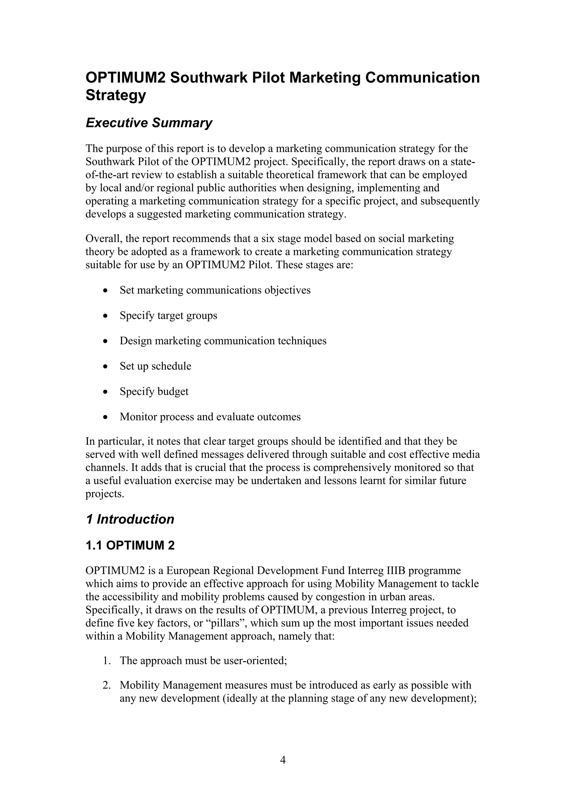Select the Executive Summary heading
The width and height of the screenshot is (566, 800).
point(149,123)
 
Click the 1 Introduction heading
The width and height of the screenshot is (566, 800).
point(130,519)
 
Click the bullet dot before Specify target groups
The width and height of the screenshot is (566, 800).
point(105,316)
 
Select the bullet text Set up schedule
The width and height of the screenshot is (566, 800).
point(155,366)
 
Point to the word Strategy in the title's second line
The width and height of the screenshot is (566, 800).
point(116,95)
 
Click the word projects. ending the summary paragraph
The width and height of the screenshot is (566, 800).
point(105,494)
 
